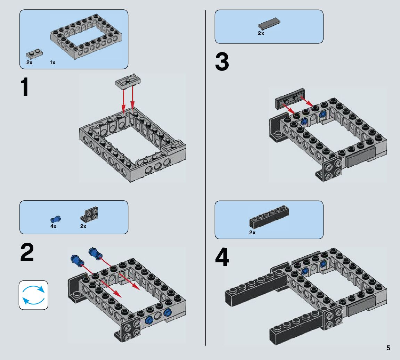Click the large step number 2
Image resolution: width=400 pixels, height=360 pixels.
click(27, 253)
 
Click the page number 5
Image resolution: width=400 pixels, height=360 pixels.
click(388, 348)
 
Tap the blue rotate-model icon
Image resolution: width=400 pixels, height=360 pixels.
click(33, 295)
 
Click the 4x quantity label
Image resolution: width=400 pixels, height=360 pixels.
click(53, 226)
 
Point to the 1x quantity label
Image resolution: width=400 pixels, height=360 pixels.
click(52, 63)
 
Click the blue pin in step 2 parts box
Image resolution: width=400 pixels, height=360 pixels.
click(55, 219)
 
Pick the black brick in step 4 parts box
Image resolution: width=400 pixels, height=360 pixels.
click(269, 218)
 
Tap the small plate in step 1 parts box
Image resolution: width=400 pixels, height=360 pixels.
click(34, 54)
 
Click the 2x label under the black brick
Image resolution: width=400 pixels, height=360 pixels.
click(252, 233)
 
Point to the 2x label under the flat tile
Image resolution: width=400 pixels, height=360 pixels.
click(261, 34)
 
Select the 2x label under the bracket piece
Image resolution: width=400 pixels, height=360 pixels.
click(83, 226)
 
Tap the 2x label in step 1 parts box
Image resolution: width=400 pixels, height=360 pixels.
click(29, 63)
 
